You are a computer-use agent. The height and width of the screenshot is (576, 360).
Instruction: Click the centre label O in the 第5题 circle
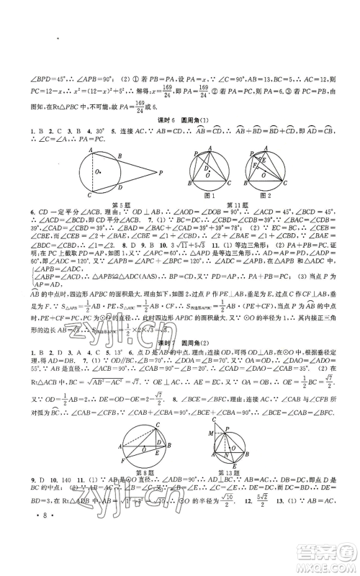click(x=98, y=171)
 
